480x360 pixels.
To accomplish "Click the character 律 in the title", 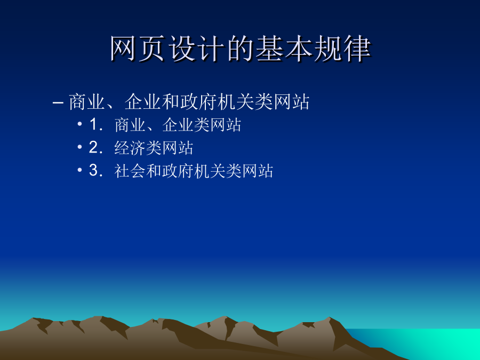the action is pos(357,49).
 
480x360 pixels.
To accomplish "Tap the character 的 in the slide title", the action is pos(241,49).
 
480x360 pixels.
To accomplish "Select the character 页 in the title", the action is pos(153,49).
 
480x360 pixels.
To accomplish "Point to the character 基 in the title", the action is pos(269,49).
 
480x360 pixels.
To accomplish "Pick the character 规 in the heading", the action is pos(328,49).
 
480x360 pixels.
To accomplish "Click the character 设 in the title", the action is pos(182,49).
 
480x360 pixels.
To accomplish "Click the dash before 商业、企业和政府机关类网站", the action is pos(58,102).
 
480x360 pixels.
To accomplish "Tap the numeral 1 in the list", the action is pos(93,125).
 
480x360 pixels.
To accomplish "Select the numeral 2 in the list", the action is pos(93,148).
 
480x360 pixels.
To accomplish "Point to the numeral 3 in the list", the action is pos(93,170).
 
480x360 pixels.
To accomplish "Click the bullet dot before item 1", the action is pos(79,124).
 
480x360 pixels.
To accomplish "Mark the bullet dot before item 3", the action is pos(79,170).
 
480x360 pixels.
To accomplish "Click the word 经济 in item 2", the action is pos(130,148).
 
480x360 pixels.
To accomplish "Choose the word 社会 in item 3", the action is pos(130,171).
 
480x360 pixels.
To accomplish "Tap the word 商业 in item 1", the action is pos(130,125).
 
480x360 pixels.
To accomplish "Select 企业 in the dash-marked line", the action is pos(143,102).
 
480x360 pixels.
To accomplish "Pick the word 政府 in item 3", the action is pos(178,171).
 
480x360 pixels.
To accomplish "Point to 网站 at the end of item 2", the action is pos(178,148).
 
